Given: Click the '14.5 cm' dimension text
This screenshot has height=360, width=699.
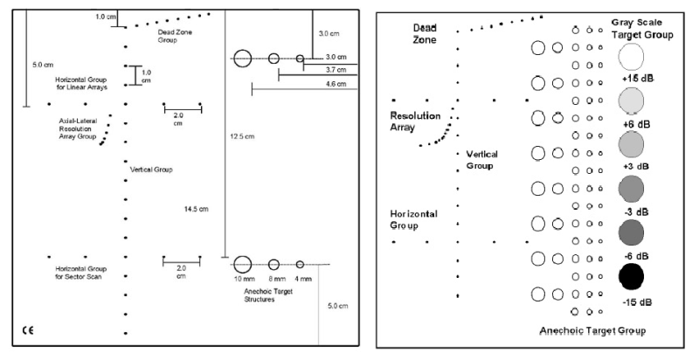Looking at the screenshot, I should pyautogui.click(x=197, y=209).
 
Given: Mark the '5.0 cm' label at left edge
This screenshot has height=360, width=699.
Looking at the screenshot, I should pyautogui.click(x=42, y=64).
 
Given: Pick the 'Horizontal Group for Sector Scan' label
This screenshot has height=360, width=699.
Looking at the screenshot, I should pyautogui.click(x=74, y=272).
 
